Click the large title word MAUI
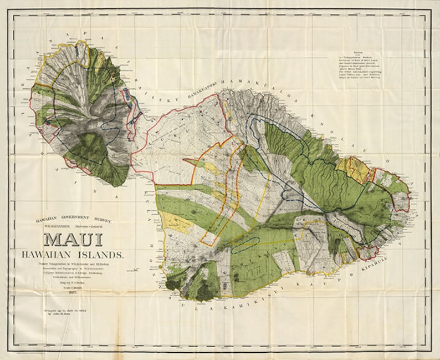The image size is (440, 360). coord(73,240)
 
